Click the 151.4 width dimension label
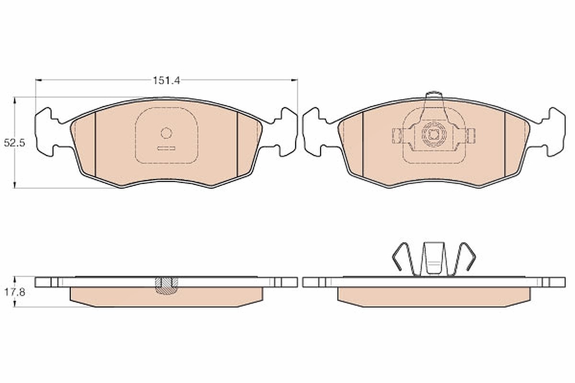(x=166, y=80)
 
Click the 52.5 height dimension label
(x=14, y=143)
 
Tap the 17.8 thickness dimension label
(x=14, y=292)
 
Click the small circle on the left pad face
(x=166, y=133)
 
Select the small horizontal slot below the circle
(x=166, y=148)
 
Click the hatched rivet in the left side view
(x=166, y=285)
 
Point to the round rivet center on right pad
(x=434, y=135)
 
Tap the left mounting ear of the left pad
(x=45, y=132)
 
